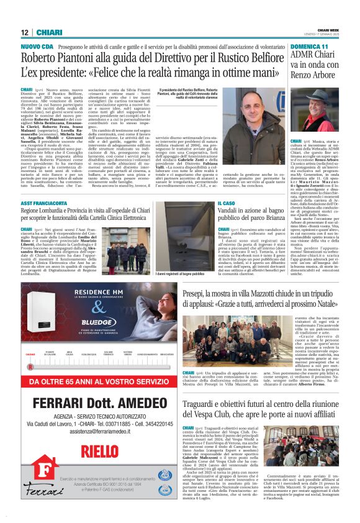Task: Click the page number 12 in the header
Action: (25, 32)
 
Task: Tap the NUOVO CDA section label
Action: (37, 46)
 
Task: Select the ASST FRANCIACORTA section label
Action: (49, 203)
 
